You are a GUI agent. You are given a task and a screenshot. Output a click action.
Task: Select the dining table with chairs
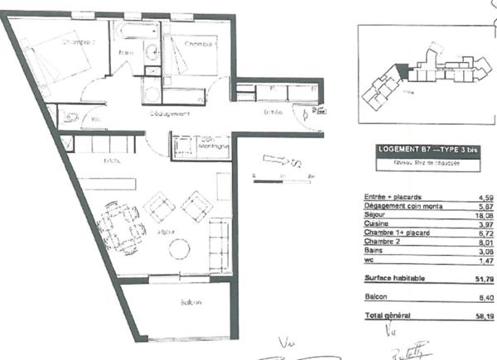[x=123, y=223]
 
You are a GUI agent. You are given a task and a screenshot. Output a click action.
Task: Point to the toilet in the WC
[x=70, y=117]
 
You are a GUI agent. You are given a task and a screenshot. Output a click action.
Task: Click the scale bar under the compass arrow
[x=282, y=176]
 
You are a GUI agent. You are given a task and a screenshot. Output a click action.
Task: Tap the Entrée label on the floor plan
[x=273, y=112]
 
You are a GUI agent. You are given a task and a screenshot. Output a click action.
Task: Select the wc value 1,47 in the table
[x=475, y=261]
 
